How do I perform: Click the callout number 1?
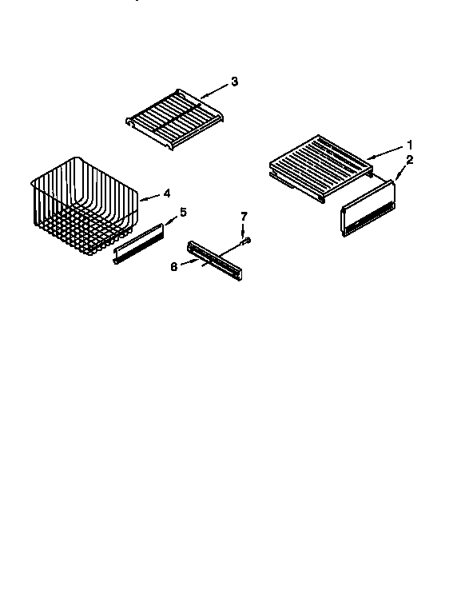coord(410,145)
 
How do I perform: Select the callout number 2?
coord(410,160)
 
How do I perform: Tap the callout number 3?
coord(234,82)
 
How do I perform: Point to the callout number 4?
coord(167,193)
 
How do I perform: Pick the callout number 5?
coord(183,212)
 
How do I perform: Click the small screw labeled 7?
coord(248,239)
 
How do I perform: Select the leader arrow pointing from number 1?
coord(387,151)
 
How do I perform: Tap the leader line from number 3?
coord(216,89)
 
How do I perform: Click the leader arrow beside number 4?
coord(151,196)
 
